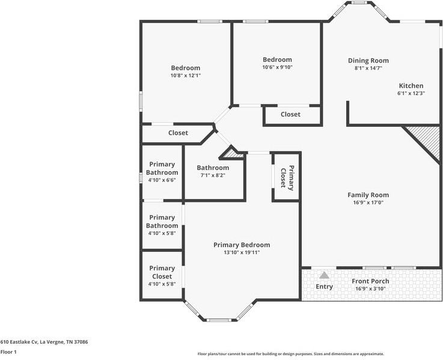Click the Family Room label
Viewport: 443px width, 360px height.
368,195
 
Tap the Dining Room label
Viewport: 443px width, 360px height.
368,61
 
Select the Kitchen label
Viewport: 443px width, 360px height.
411,85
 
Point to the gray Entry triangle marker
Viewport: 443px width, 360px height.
325,275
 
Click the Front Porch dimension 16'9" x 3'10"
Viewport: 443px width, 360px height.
370,289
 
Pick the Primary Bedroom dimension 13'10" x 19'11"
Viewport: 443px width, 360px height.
242,252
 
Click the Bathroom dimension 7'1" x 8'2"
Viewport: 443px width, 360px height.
213,175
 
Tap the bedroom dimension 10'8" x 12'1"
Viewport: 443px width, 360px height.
186,76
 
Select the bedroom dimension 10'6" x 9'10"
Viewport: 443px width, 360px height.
277,67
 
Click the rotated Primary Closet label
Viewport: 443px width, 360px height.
287,178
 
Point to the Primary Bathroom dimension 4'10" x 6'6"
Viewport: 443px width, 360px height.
162,180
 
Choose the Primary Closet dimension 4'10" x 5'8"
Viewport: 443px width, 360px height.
162,284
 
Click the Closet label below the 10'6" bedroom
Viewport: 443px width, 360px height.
290,114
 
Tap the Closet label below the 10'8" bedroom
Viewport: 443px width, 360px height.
178,133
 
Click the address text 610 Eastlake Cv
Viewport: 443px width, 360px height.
19,342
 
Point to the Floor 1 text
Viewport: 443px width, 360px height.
8,352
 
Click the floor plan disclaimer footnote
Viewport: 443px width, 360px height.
291,354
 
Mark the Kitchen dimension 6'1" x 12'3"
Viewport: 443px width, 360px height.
411,93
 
